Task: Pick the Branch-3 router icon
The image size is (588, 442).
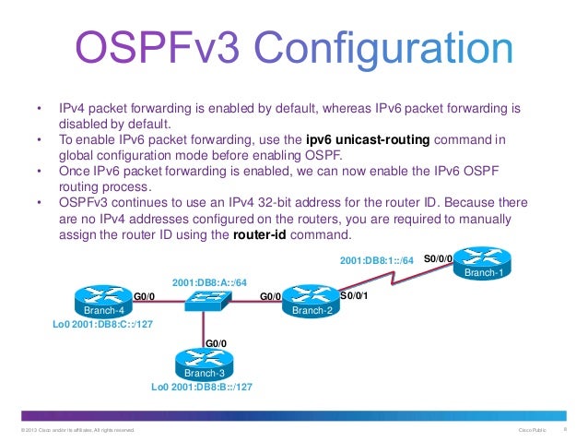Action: [204, 363]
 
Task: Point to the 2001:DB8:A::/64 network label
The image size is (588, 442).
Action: [209, 281]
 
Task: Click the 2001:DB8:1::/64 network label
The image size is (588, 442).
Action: [379, 259]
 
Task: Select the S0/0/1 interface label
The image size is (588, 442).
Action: [355, 296]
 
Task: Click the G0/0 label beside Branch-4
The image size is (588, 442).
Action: [145, 296]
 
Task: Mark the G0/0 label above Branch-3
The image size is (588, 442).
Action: [216, 343]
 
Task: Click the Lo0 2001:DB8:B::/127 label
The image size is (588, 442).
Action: [202, 388]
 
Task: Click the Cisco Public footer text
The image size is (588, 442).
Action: [533, 430]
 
